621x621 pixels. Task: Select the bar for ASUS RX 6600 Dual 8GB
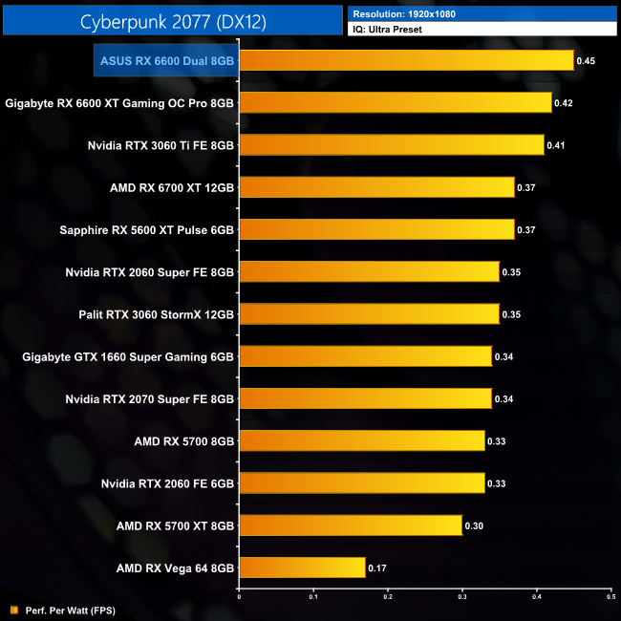point(405,61)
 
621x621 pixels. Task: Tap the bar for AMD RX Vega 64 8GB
point(301,567)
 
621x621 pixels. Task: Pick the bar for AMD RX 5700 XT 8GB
point(350,525)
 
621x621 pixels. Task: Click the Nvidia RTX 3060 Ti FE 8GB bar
point(391,145)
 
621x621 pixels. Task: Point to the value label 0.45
point(587,61)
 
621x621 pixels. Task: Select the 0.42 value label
point(565,103)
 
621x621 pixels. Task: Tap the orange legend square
point(12,609)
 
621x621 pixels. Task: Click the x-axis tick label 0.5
point(610,599)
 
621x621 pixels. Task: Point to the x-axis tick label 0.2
point(387,599)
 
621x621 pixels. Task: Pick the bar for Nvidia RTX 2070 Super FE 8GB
point(364,398)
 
